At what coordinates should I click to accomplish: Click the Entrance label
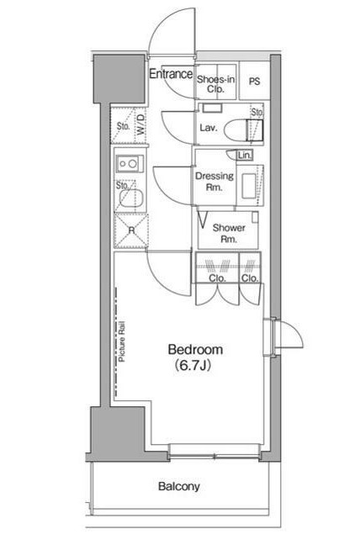171,73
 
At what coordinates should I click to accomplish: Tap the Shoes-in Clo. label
215,84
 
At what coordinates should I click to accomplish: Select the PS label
254,82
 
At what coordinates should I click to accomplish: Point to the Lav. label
209,128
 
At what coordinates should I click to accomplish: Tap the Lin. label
245,156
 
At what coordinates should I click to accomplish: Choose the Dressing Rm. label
214,182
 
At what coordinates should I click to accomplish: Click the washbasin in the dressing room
249,186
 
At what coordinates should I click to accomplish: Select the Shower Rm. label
229,233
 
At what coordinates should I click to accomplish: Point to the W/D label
141,124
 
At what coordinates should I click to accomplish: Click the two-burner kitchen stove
130,164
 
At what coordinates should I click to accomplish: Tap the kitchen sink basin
131,198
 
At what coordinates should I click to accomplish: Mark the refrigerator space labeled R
131,231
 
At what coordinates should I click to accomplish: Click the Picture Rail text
122,341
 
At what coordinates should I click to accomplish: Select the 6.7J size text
193,366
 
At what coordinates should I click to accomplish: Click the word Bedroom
195,350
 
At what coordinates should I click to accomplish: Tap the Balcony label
179,486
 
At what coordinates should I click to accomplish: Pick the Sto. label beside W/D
124,126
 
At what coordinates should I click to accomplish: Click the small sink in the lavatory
212,108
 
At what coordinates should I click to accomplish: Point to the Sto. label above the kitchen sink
122,186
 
